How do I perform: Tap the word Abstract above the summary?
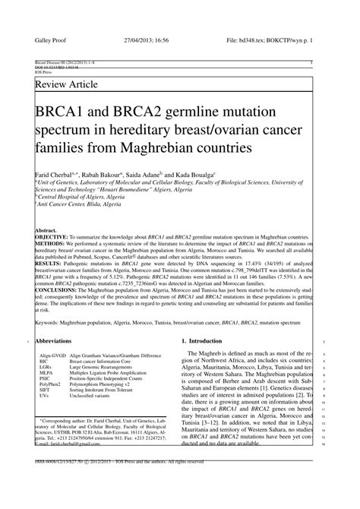(x=47, y=230)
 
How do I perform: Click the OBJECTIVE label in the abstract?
(x=52, y=237)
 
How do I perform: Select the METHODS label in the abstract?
(x=50, y=244)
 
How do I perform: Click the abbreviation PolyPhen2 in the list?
(x=50, y=385)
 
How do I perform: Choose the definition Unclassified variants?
(x=91, y=397)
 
